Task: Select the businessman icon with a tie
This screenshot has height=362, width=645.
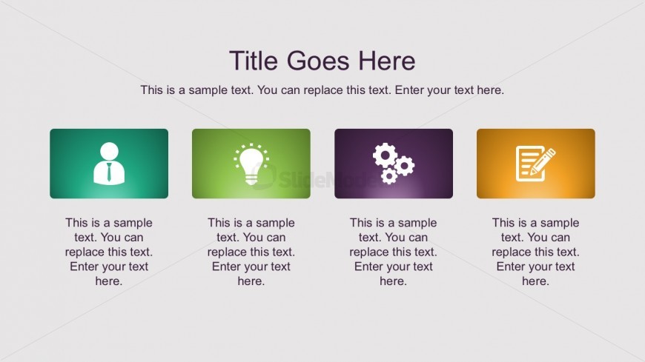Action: coord(109,163)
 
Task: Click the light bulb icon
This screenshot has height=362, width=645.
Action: coord(251,164)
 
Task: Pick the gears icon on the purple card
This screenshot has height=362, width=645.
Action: coord(393,164)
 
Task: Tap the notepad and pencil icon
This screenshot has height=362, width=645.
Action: coord(535,164)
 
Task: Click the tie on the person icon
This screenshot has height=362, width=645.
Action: coord(109,173)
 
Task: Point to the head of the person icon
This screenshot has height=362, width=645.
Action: coord(109,150)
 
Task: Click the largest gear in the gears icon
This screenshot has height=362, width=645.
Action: coord(386,155)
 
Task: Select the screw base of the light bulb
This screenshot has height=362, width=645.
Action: coord(251,178)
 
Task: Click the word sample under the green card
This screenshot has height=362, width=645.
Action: coord(133,223)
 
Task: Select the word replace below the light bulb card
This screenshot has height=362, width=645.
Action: coord(227,252)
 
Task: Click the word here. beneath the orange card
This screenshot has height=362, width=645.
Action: coord(535,281)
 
